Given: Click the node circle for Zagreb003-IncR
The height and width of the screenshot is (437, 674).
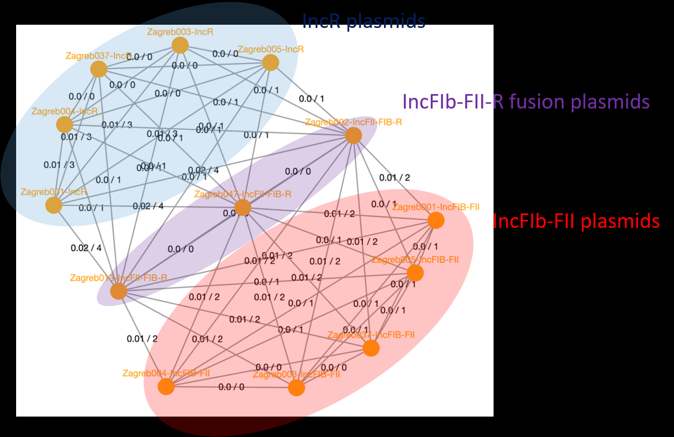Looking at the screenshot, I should pos(180,45).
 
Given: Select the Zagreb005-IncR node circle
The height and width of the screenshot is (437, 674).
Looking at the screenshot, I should pos(271,63).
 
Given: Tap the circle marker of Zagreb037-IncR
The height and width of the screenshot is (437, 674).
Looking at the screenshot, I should pos(99,69).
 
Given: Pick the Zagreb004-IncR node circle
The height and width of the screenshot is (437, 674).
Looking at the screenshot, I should pos(64,125).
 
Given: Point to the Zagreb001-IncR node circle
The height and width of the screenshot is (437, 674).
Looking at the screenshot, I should pos(53,205).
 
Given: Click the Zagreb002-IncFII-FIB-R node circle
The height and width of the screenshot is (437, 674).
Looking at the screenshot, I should pos(353,135).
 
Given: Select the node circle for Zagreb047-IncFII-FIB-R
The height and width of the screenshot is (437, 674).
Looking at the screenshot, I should pos(243,207).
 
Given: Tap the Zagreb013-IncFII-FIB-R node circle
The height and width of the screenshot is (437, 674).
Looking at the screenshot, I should pos(119,291).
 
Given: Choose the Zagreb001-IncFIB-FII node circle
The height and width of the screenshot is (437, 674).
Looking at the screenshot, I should pos(436,220).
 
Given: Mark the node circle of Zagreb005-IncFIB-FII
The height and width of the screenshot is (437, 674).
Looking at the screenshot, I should pos(415,273).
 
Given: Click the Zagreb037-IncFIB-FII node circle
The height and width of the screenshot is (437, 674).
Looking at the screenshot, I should pos(371,348).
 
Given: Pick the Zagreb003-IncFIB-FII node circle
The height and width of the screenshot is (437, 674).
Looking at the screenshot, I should pos(296,388).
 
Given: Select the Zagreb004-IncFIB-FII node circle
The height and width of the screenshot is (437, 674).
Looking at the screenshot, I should pos(166,386).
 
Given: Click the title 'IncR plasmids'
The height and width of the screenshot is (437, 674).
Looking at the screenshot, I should pos(364,21).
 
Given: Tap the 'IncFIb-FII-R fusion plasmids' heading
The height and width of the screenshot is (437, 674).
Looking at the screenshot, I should pos(526,102).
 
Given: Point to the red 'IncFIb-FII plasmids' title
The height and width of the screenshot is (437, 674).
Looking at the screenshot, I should pos(576,221).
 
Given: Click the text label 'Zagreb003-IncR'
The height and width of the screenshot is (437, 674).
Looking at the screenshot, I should pos(180,32).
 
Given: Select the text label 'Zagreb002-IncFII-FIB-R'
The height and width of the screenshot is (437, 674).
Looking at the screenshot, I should pos(353,122).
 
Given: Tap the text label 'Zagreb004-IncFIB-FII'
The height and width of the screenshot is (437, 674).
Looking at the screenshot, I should pos(165,373).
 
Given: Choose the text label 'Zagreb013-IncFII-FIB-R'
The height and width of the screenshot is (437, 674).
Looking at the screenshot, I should pos(118,278).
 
